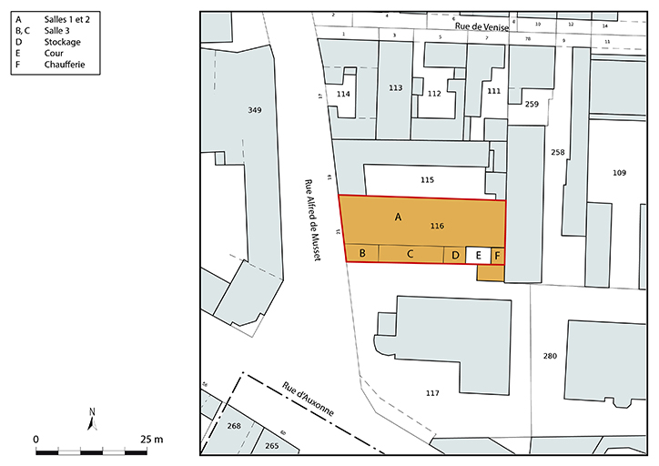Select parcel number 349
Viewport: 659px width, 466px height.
[255, 110]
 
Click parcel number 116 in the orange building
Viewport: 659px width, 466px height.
[437, 225]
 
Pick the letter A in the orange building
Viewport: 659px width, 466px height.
[397, 217]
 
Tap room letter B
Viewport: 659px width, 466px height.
[362, 254]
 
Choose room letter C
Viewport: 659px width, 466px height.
[411, 254]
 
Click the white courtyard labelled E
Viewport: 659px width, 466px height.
[479, 256]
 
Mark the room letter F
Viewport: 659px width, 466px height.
[497, 256]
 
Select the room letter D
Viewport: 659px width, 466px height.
[455, 256]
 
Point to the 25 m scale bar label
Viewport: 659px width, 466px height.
[151, 440]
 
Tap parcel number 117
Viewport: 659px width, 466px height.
[432, 393]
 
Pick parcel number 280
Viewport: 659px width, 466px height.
[549, 355]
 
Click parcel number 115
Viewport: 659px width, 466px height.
[428, 180]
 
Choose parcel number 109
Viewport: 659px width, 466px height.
[620, 172]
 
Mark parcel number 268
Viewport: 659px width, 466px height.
[234, 426]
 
